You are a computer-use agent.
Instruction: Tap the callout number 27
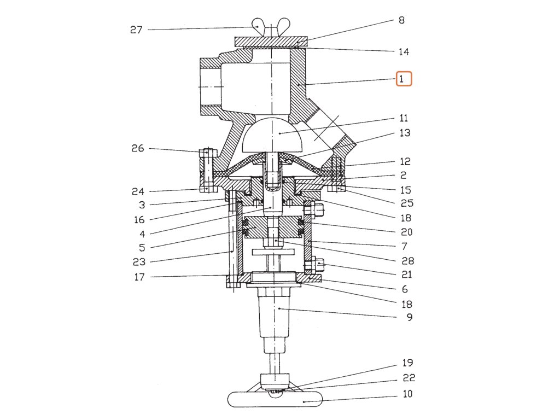point(136,30)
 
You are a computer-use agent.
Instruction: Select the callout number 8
point(401,21)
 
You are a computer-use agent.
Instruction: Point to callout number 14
point(404,52)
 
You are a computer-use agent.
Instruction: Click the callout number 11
point(404,118)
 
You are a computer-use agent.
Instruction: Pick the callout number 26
point(138,148)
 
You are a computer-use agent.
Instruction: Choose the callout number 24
point(138,191)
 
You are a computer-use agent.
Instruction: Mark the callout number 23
point(139,262)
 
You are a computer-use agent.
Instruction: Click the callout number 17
point(139,277)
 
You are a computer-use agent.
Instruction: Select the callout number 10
point(407,394)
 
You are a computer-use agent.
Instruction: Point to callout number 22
point(409,378)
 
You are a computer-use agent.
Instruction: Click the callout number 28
point(408,261)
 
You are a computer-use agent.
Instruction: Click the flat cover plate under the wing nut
point(271,42)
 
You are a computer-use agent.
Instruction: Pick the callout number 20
point(406,232)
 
